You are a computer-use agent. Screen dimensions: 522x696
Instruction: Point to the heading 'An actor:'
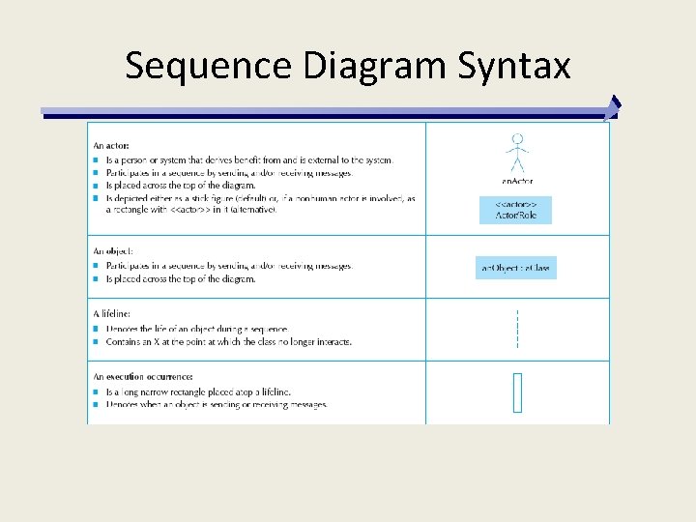click(x=111, y=146)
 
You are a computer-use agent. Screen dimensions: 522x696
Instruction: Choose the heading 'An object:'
click(x=113, y=251)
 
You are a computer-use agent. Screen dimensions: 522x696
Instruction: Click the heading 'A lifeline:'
click(x=111, y=313)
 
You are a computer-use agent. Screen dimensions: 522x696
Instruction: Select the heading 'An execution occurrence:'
click(x=143, y=376)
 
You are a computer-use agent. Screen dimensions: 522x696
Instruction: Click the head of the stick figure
click(x=518, y=138)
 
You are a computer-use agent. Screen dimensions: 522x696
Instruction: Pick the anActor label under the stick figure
click(x=517, y=181)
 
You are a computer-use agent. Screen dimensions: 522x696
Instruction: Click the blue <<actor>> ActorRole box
click(x=515, y=210)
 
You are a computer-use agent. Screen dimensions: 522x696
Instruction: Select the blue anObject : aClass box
click(x=516, y=267)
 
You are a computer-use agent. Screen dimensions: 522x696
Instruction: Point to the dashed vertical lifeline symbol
click(x=518, y=329)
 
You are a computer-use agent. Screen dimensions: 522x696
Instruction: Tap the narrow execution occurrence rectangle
click(x=517, y=392)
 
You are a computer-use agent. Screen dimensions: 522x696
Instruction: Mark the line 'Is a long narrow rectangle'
click(x=198, y=391)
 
